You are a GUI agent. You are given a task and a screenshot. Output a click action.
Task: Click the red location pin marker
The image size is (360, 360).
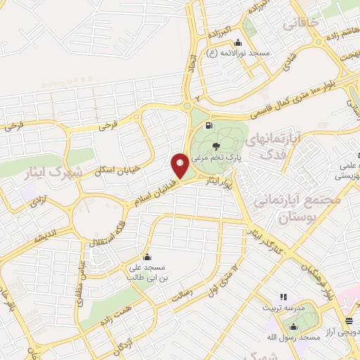(x=180, y=166)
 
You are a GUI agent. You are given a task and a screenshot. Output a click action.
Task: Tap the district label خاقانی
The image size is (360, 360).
(x=302, y=23)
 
